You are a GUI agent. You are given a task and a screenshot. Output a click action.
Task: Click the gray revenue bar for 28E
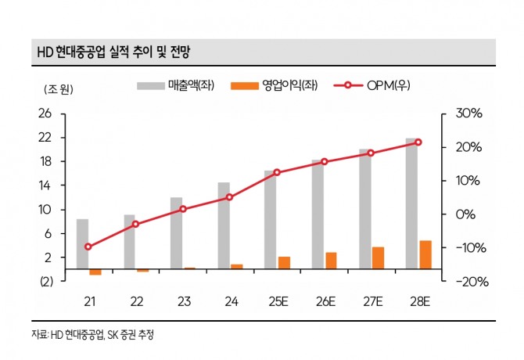click(411, 203)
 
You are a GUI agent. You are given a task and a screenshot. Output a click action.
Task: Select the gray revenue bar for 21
click(82, 244)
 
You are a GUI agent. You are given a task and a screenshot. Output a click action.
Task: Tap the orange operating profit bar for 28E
click(425, 254)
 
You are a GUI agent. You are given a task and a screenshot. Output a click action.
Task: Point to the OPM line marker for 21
click(88, 247)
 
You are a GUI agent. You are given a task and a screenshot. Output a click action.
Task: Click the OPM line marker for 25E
click(277, 172)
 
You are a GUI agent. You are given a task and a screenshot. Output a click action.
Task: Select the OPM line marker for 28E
click(418, 142)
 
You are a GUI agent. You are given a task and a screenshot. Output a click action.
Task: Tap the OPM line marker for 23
click(183, 209)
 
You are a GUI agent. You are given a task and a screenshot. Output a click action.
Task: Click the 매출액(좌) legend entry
click(176, 85)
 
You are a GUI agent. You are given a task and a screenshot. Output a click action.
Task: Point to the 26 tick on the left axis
click(45, 113)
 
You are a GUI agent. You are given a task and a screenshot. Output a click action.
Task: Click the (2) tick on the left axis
click(44, 282)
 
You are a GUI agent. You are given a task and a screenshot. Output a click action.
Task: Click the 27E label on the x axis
click(371, 302)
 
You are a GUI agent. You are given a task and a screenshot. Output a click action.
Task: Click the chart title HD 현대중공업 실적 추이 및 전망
click(113, 52)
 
